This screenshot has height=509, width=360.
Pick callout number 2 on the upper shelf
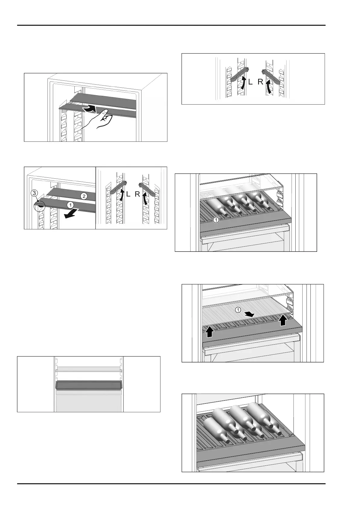(84, 196)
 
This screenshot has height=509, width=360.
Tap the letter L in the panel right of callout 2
(128, 194)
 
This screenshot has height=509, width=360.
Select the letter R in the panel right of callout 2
(137, 194)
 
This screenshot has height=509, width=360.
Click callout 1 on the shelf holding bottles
(216, 220)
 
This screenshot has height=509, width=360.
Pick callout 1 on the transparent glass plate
(238, 310)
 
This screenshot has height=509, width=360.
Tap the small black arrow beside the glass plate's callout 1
(250, 314)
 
